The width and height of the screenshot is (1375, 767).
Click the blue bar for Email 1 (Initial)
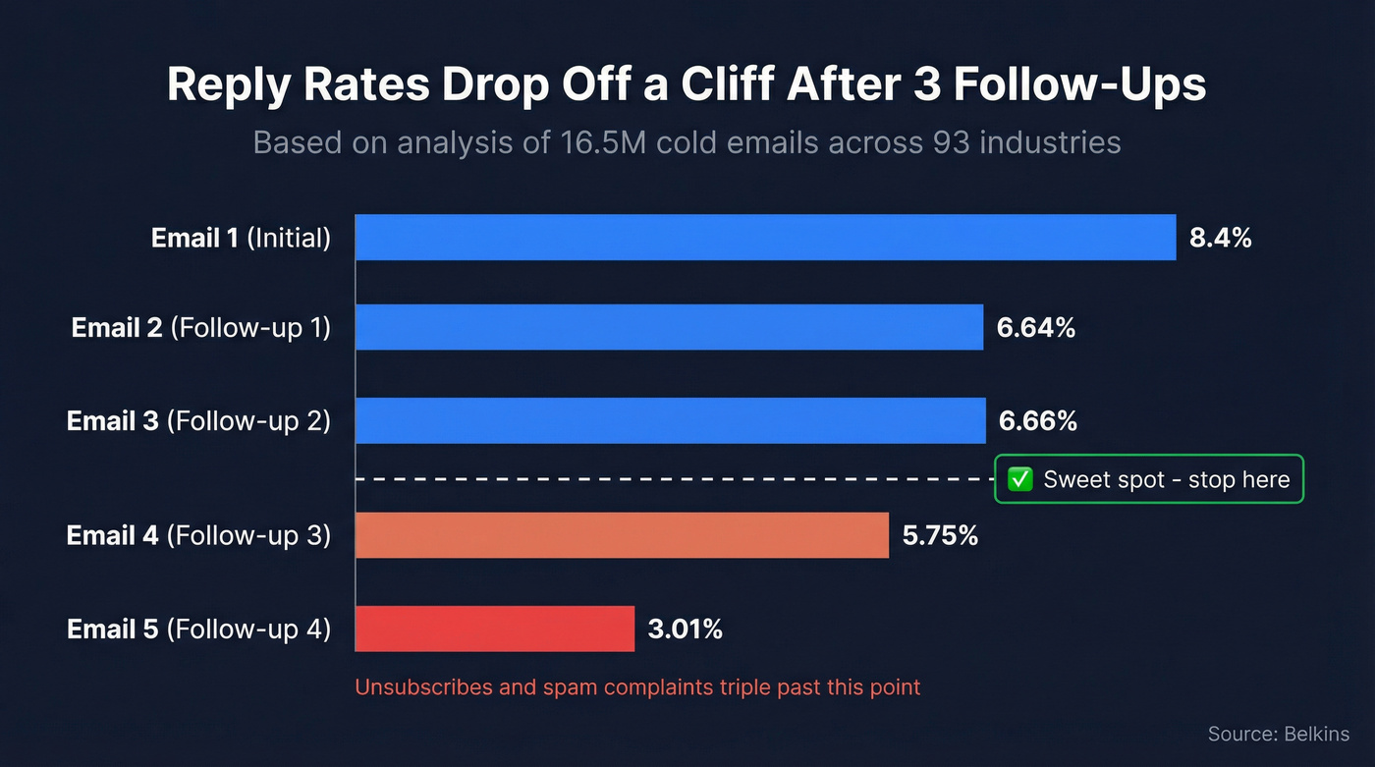765,238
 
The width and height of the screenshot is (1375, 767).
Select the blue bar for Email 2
669,327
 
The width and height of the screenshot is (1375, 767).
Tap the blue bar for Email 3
670,420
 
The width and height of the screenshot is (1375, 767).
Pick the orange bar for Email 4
622,535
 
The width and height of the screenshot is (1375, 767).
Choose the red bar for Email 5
494,629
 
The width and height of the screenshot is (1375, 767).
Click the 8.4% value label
1220,238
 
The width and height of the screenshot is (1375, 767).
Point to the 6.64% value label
1036,328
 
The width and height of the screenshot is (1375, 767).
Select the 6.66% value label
1038,421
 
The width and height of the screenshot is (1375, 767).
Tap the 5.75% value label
940,536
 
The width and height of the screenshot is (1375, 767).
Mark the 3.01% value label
685,630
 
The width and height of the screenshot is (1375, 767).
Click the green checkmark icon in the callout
1020,479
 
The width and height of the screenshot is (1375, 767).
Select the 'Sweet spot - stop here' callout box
1149,479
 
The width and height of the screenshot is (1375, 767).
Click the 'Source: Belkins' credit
1278,734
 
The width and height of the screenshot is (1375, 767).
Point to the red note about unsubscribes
637,686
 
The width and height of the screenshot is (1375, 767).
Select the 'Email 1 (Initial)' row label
241,238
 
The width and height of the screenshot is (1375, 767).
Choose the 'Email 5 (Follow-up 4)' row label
198,630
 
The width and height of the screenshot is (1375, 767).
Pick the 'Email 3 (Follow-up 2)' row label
198,421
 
